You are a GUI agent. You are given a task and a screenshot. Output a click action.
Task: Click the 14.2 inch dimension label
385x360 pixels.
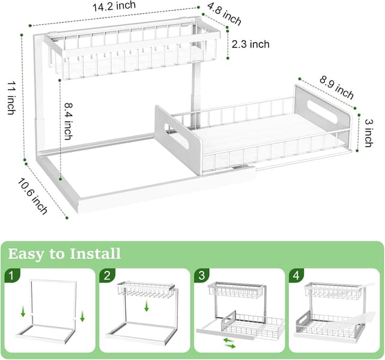(114, 7)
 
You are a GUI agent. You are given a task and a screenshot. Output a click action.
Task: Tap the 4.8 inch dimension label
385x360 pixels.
(224, 14)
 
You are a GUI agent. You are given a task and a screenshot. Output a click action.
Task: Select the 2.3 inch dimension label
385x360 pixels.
(251, 44)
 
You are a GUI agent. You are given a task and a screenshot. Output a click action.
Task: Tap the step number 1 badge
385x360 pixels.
(12, 276)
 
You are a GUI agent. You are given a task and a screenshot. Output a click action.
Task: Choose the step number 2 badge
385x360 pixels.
(107, 276)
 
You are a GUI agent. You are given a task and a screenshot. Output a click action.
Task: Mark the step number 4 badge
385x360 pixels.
(295, 276)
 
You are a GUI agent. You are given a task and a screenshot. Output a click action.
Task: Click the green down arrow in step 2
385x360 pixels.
(147, 307)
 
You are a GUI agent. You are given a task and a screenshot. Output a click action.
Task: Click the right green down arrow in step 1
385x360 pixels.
(82, 316)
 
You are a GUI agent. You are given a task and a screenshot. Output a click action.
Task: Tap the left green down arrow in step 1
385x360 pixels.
(22, 311)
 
